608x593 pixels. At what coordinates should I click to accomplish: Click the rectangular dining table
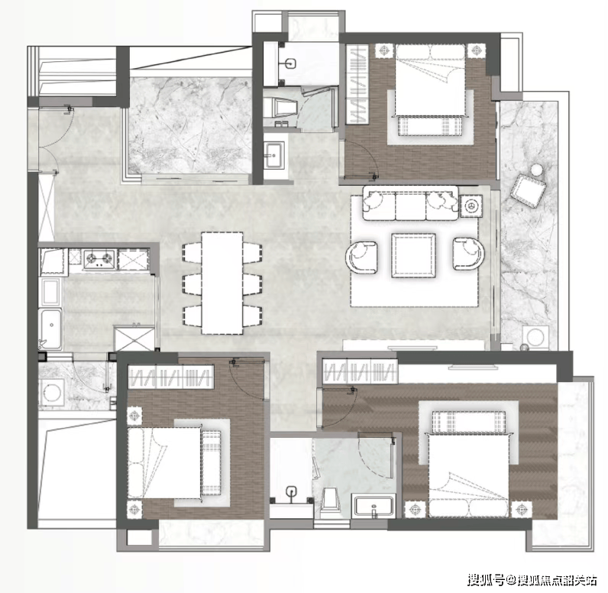(222, 283)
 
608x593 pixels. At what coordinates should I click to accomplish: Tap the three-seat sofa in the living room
(411, 203)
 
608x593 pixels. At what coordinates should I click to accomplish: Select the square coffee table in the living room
(413, 255)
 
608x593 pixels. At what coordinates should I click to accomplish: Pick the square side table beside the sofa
(471, 206)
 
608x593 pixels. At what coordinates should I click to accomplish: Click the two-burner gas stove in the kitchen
(99, 259)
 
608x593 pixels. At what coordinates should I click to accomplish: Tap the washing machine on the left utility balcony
(52, 392)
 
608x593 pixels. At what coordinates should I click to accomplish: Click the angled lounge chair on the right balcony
(528, 191)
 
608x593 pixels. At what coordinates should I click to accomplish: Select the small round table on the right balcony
(537, 170)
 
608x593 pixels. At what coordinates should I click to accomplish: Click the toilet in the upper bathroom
(281, 107)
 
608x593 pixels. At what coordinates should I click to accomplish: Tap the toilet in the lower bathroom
(331, 502)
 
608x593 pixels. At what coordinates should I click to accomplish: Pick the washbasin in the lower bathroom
(374, 506)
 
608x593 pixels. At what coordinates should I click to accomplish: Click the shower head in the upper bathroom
(292, 63)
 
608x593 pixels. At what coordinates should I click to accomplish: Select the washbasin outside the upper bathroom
(274, 155)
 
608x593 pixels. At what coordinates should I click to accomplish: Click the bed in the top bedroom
(430, 86)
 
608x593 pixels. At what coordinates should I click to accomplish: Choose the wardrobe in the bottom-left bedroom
(171, 376)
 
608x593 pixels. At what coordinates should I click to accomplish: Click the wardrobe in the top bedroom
(357, 84)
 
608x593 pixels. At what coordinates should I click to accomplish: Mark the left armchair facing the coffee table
(362, 257)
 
